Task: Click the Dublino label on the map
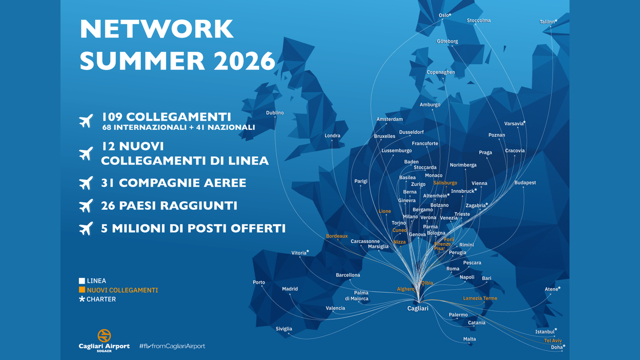(274, 113)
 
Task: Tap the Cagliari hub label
(417, 308)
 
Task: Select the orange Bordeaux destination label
(336, 236)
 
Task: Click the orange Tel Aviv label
(552, 340)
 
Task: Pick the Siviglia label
(283, 329)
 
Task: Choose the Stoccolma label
(478, 20)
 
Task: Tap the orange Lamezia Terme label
(480, 298)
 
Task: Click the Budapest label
(525, 183)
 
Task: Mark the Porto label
(259, 282)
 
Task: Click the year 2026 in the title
(244, 60)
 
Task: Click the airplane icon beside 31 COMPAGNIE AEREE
(86, 182)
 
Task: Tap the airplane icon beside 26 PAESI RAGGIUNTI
(86, 205)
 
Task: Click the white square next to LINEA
(82, 281)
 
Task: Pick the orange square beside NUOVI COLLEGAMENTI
(82, 290)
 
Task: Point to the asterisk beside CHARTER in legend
(82, 299)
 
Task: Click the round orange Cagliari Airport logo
(104, 335)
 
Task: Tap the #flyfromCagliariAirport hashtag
(172, 346)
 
